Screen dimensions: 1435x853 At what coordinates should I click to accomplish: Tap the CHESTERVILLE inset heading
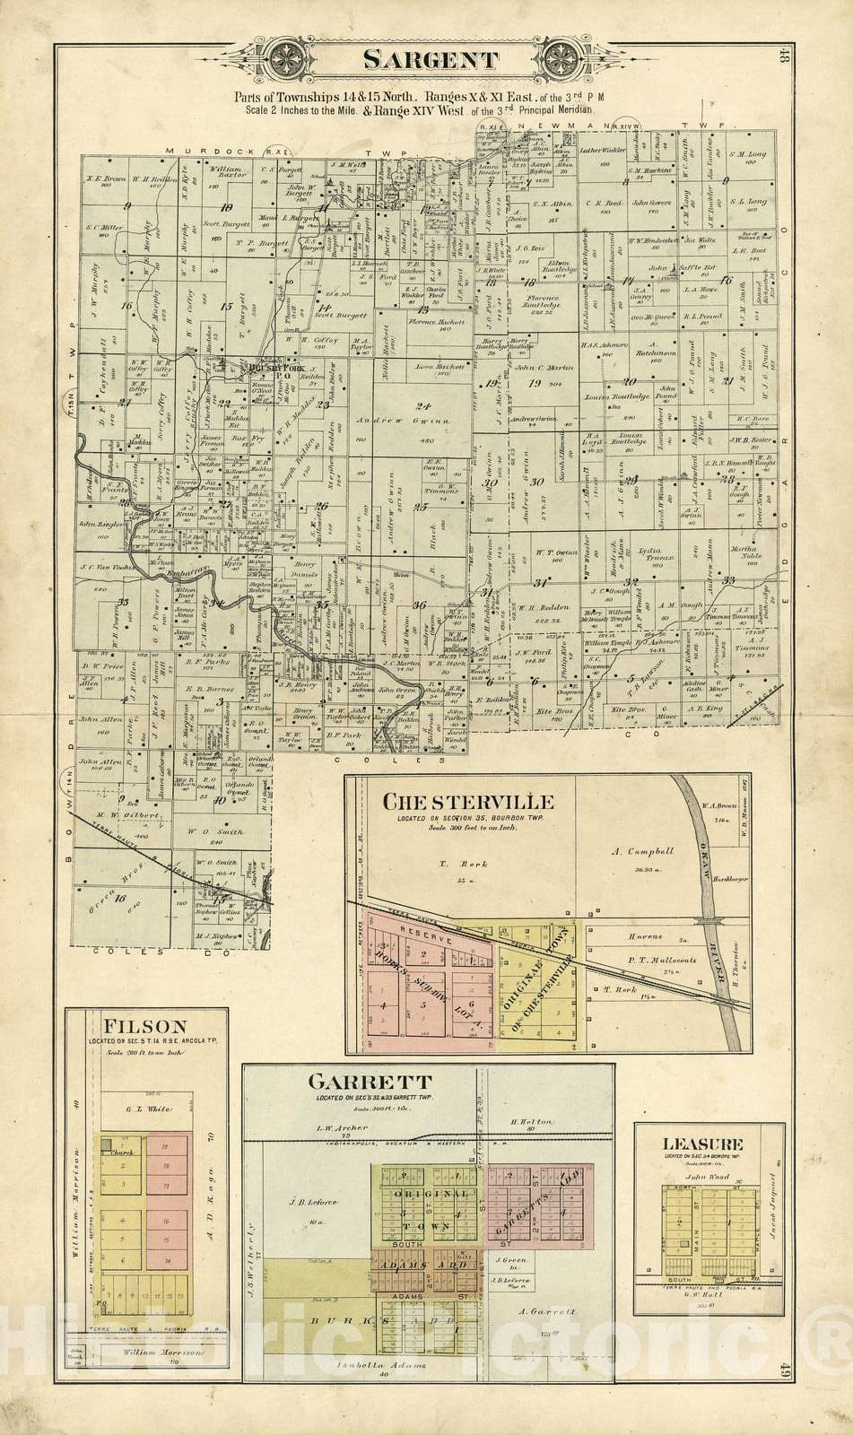[467, 801]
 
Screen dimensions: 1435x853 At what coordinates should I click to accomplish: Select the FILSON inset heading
[144, 1026]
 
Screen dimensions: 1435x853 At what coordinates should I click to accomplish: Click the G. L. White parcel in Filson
[147, 1109]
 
